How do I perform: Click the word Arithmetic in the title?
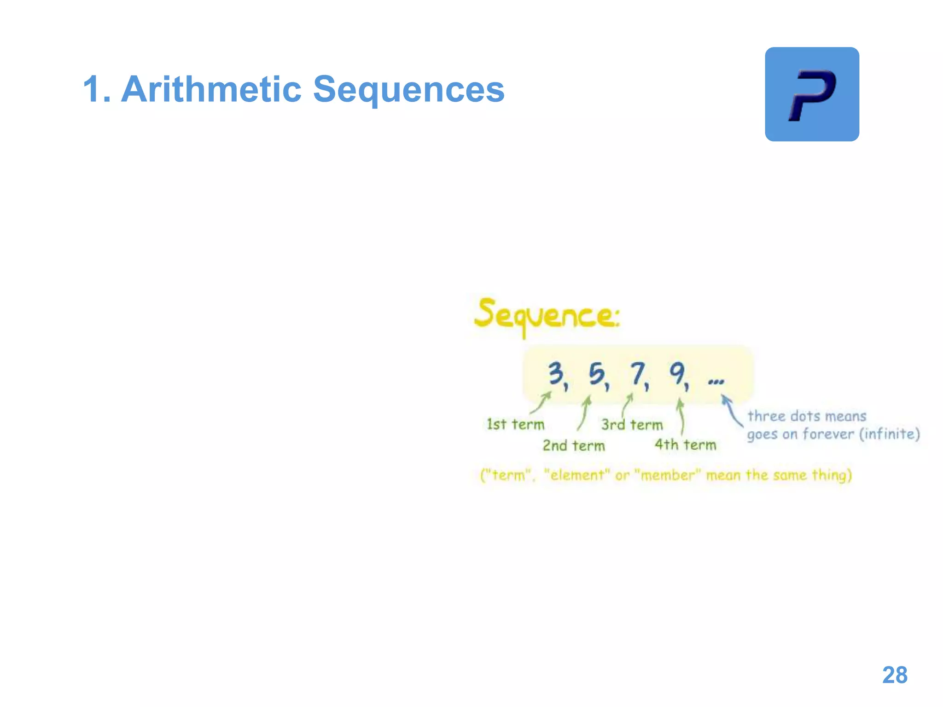pyautogui.click(x=211, y=89)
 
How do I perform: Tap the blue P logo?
pyautogui.click(x=812, y=94)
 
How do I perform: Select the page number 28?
pyautogui.click(x=895, y=675)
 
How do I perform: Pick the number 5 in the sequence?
pyautogui.click(x=597, y=374)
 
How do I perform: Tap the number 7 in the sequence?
pyautogui.click(x=638, y=373)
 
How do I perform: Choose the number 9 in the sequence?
pyautogui.click(x=677, y=373)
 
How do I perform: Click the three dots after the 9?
pyautogui.click(x=716, y=381)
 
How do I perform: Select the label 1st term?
pyautogui.click(x=515, y=424)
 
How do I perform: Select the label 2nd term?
pyautogui.click(x=573, y=446)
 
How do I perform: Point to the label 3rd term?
pyautogui.click(x=632, y=424)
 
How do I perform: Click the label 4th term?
pyautogui.click(x=685, y=445)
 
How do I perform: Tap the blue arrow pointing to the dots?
pyautogui.click(x=732, y=411)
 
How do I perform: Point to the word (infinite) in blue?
pyautogui.click(x=890, y=434)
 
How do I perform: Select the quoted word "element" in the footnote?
pyautogui.click(x=577, y=475)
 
